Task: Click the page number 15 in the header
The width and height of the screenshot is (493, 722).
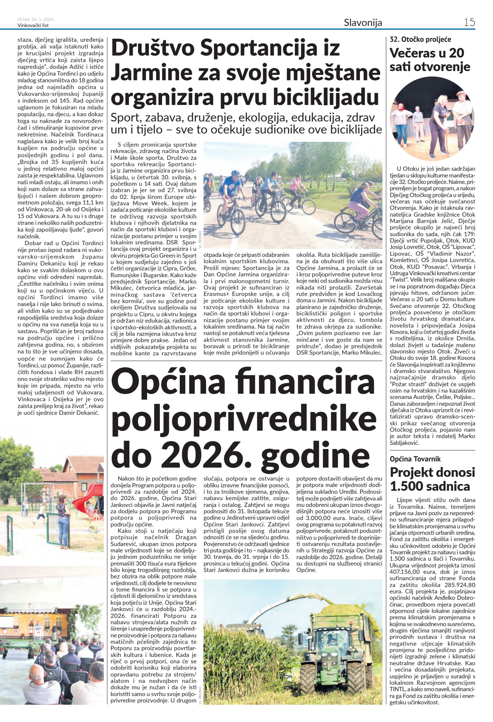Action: click(x=469, y=22)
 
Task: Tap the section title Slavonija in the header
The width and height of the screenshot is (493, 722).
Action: click(x=363, y=23)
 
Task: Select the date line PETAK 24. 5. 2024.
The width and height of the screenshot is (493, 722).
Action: click(x=36, y=20)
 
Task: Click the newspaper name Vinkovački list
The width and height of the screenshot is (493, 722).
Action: click(x=33, y=26)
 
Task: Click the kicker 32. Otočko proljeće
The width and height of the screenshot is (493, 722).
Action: click(x=420, y=39)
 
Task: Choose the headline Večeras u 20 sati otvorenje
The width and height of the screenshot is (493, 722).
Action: click(x=430, y=60)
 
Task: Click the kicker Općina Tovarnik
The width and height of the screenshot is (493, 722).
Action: click(x=415, y=459)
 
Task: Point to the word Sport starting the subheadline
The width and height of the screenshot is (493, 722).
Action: click(x=125, y=118)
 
